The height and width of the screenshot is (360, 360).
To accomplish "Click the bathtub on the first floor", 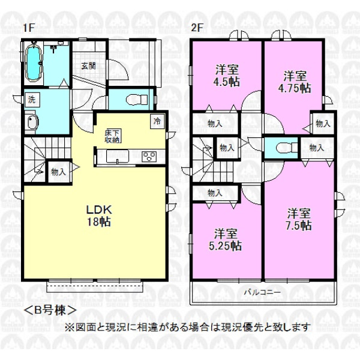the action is [x=33, y=62].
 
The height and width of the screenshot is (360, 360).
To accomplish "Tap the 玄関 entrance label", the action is [x=88, y=66].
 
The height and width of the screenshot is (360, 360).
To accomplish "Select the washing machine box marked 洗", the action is [x=32, y=100].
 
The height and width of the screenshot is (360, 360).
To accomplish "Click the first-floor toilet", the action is [x=137, y=99].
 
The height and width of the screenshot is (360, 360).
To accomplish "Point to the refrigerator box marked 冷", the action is [x=157, y=121].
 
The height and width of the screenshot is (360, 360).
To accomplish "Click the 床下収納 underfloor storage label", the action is [x=113, y=136].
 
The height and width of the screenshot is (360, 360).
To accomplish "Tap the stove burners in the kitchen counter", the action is [x=149, y=157].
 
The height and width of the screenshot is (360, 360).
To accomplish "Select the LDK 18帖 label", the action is [x=99, y=215].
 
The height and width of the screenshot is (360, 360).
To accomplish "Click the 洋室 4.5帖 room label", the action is [x=227, y=76].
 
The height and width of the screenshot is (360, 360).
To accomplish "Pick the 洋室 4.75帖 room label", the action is [x=295, y=82].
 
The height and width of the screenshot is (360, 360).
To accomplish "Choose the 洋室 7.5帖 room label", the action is [x=299, y=220].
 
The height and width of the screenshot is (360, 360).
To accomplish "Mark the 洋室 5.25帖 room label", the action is [x=225, y=239].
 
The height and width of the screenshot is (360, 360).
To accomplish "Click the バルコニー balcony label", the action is [x=262, y=292].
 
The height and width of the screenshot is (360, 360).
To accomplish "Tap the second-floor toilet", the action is [x=287, y=148].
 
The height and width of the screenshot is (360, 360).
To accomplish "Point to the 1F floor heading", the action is [x=29, y=28].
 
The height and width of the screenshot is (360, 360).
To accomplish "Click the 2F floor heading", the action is [x=197, y=28].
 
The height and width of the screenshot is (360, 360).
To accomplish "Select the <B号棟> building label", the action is [x=50, y=310].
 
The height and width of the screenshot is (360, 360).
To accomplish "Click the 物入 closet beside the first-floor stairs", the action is [x=59, y=172].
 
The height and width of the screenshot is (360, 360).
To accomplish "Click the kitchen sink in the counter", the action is [x=117, y=157].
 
